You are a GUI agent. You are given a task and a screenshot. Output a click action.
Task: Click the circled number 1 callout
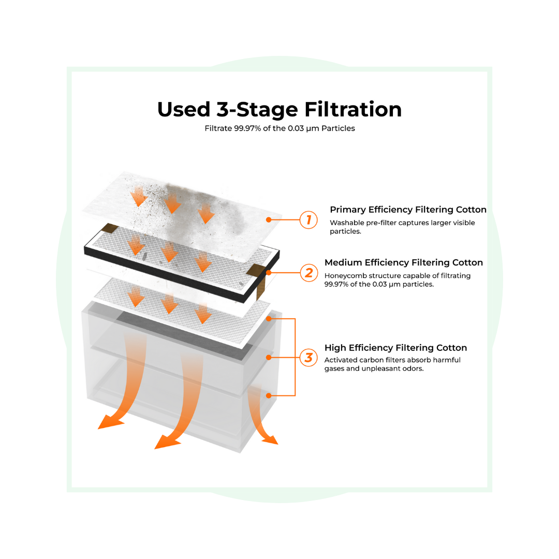point(308,219)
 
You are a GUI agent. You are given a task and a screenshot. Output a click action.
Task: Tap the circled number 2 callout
point(308,273)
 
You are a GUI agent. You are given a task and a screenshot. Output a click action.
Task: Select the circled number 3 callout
point(308,358)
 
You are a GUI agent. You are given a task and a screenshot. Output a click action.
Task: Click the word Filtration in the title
point(353,109)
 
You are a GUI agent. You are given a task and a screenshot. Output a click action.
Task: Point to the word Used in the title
point(184,109)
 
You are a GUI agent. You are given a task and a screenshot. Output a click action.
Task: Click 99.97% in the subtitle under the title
point(247,128)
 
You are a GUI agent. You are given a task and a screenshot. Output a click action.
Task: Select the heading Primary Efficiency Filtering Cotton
point(408,210)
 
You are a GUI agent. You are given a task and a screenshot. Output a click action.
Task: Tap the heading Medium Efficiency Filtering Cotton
point(404,262)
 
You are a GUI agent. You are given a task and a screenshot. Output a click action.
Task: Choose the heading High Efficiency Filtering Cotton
point(396,348)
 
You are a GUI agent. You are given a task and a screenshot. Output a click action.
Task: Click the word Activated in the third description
point(341,360)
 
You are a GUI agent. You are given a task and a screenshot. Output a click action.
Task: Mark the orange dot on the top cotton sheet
point(269,220)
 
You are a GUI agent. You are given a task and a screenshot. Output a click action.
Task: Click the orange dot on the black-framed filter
point(269,273)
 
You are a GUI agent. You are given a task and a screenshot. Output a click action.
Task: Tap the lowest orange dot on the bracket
point(269,395)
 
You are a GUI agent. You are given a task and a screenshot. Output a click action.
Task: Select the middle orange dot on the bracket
point(269,357)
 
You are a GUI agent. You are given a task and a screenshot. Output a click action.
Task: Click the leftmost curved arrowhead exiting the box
point(111,422)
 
